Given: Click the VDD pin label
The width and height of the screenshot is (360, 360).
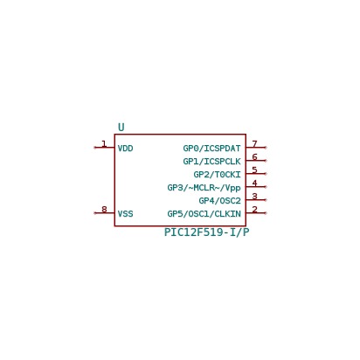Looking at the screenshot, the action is click(125, 149).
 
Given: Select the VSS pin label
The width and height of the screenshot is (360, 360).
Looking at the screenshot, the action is click(125, 214).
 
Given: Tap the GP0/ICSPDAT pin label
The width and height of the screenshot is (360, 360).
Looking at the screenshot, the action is click(211, 149).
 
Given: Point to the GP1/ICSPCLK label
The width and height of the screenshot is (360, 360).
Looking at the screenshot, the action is click(211, 162).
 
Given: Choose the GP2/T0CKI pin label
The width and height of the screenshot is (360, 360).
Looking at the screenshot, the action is click(217, 175).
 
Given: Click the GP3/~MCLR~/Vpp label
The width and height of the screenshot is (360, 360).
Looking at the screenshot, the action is click(204, 188).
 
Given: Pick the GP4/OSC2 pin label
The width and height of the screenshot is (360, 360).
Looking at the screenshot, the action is click(219, 201).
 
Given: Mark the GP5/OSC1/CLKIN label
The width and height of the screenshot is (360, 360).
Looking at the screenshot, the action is click(204, 214).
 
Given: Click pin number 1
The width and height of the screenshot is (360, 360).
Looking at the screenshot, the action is click(104, 143).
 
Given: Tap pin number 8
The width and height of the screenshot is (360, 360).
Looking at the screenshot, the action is click(104, 209).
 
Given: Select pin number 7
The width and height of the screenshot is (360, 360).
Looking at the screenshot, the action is click(254, 143).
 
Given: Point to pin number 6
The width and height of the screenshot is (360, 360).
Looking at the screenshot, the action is click(254, 156).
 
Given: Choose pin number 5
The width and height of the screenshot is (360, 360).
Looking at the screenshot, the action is click(254, 170).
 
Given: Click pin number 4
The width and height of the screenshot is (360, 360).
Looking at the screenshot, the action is click(254, 183).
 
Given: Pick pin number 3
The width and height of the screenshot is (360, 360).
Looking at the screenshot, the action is click(254, 196).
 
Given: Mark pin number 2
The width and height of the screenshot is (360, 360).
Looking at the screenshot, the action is click(254, 209).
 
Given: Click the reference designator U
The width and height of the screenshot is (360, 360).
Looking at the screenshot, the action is click(121, 128).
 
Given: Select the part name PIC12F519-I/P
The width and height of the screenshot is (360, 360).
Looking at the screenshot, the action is click(206, 232).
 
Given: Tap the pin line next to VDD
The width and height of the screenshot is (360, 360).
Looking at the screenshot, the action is click(104, 148).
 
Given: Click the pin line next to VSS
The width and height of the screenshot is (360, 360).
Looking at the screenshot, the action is click(104, 213).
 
